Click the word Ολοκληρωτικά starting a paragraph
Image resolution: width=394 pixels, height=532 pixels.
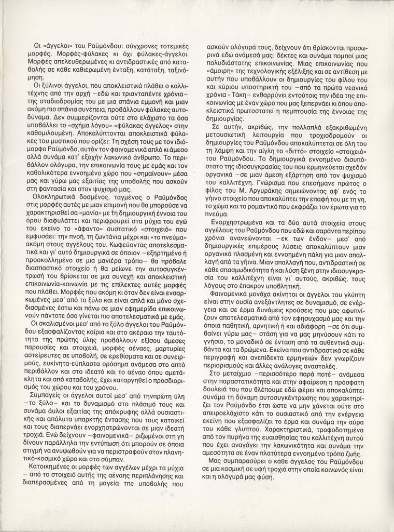(x=54, y=198)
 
